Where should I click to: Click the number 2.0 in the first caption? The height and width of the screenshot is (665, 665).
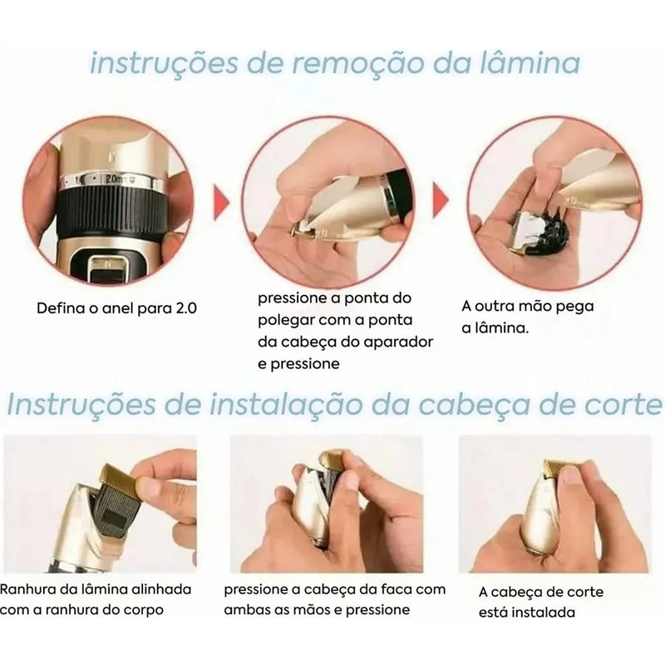[183, 308]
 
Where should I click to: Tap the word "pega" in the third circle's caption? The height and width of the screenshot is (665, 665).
[576, 306]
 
